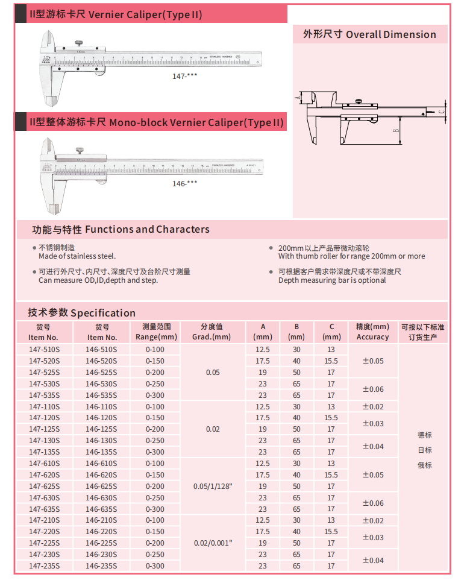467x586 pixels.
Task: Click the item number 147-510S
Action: click(45, 349)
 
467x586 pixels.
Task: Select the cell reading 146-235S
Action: click(101, 566)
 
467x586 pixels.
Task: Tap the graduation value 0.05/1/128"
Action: click(213, 487)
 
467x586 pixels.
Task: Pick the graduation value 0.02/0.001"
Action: click(213, 543)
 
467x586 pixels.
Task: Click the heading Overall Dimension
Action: click(390, 34)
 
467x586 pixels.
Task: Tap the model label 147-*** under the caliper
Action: click(184, 77)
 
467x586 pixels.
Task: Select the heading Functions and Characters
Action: click(147, 229)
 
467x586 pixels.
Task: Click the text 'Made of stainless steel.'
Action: click(77, 256)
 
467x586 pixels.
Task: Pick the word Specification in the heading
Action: click(103, 313)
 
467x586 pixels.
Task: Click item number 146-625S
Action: click(101, 487)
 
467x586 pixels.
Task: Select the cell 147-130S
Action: click(45, 441)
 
